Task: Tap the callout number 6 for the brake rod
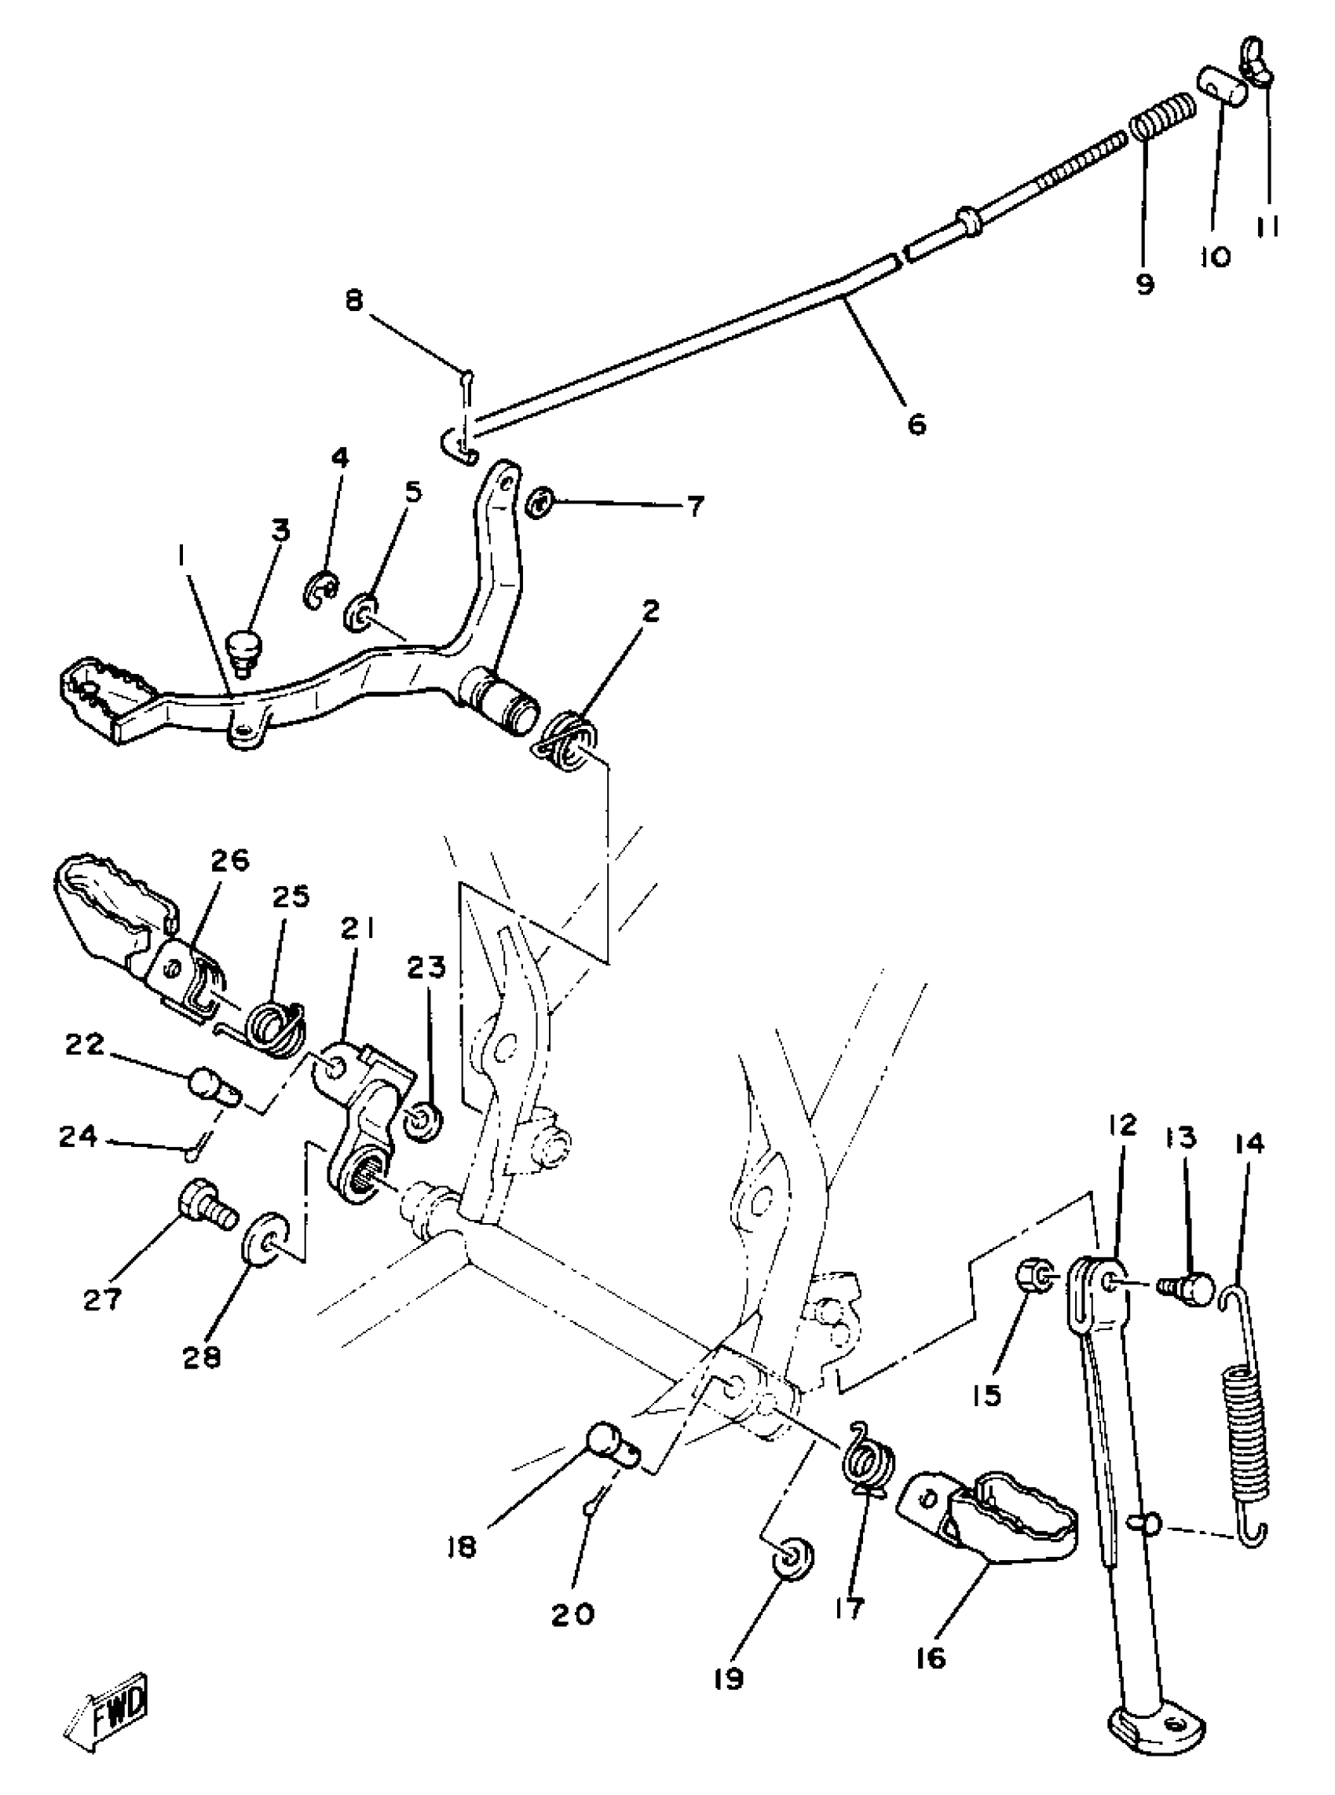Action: [916, 423]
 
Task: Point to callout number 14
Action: [1249, 1145]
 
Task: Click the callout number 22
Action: [85, 1045]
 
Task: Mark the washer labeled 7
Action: [538, 504]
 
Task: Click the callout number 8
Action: [354, 301]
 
